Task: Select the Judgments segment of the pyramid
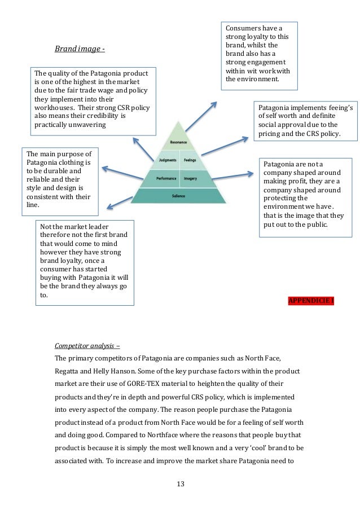168,160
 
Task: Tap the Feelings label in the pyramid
191,160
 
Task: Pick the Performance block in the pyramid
166,178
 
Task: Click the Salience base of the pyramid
179,196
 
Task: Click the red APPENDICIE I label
311,300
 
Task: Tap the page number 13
180,484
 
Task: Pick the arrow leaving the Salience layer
119,202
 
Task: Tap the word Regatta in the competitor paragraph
68,371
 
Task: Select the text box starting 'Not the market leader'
85,263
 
